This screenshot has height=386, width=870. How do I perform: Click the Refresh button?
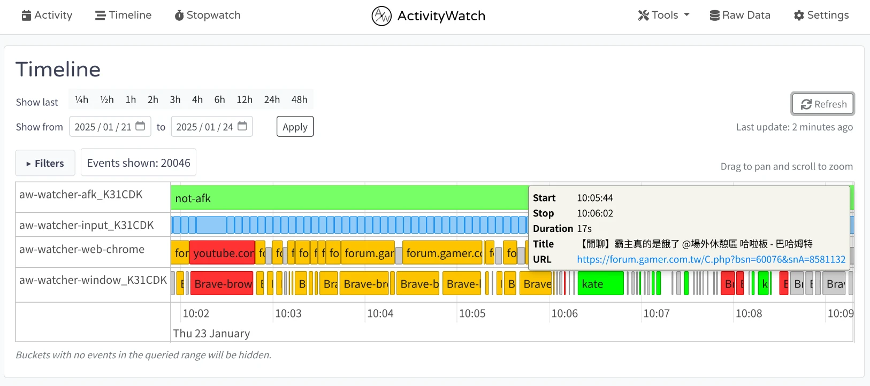click(823, 104)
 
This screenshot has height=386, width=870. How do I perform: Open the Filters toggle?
click(45, 163)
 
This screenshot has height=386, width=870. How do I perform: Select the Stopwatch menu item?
click(208, 16)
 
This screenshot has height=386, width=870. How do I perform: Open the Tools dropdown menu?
click(663, 16)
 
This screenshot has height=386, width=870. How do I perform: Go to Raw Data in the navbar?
click(740, 16)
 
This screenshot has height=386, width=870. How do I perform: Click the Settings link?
click(821, 16)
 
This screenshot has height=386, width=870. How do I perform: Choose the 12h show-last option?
click(245, 100)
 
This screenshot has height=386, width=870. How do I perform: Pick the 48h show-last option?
click(299, 100)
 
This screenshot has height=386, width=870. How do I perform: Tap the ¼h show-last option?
click(82, 100)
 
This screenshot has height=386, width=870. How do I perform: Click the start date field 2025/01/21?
click(103, 127)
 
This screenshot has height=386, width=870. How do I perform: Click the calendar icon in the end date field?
click(242, 126)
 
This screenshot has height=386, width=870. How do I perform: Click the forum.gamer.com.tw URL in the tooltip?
click(711, 259)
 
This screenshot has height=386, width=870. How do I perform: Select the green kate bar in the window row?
click(600, 284)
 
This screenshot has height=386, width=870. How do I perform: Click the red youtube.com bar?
click(222, 253)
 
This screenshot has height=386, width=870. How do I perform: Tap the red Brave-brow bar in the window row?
click(223, 284)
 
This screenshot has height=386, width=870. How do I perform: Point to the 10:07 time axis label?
click(656, 313)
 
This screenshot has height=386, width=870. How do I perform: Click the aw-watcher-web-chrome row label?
click(82, 250)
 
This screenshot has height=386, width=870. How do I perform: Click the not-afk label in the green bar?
click(193, 198)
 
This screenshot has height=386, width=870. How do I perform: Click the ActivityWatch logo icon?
click(381, 16)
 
